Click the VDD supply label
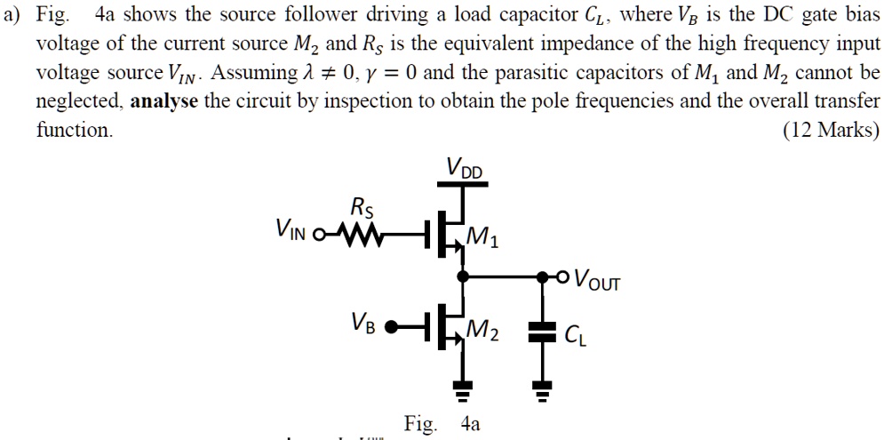coord(466,167)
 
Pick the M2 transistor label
coord(483,333)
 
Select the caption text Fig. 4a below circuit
coord(442,423)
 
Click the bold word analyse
coord(164,100)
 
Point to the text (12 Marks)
coord(830,130)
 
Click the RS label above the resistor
coord(362,209)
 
